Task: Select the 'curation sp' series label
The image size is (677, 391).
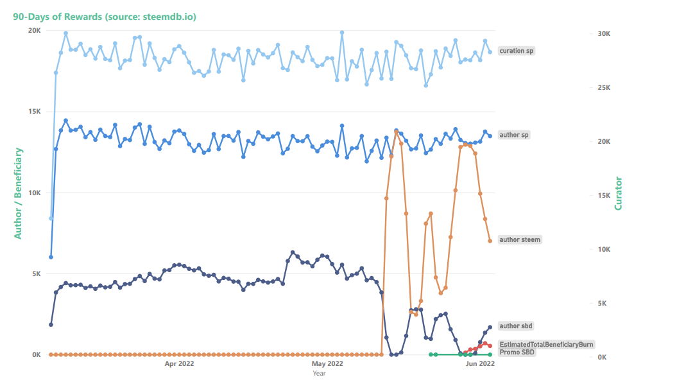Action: (517, 51)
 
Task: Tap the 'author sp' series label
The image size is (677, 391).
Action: (514, 135)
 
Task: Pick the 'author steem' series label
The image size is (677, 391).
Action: (520, 239)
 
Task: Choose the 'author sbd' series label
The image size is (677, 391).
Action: (516, 326)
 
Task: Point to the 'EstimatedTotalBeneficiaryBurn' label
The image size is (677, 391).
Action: (546, 344)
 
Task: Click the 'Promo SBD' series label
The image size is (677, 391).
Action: (517, 352)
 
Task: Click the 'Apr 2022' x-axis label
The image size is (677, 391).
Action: (180, 363)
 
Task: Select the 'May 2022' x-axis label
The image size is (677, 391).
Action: (329, 363)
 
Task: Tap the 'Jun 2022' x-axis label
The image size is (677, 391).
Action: (479, 363)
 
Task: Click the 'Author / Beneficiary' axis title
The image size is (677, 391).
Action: (19, 193)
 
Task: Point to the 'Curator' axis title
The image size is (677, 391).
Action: (619, 193)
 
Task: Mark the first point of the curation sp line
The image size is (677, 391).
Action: (51, 218)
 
